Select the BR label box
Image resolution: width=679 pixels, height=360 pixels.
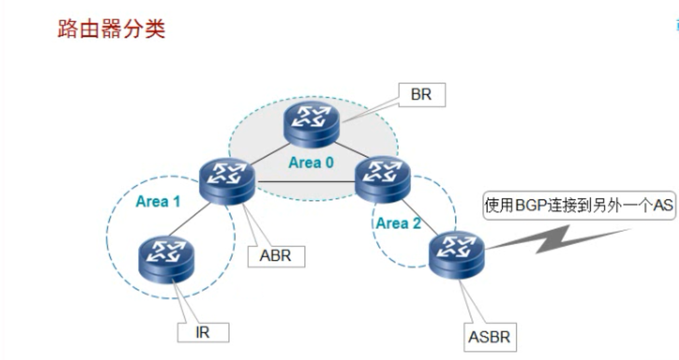(x=422, y=95)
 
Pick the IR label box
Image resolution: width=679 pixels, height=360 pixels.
(x=203, y=332)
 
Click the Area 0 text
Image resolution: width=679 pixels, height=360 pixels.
(x=311, y=162)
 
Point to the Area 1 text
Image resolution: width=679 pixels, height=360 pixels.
(x=158, y=201)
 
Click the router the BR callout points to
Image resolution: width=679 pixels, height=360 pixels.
(x=311, y=122)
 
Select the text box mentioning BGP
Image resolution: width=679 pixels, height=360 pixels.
(x=579, y=206)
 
